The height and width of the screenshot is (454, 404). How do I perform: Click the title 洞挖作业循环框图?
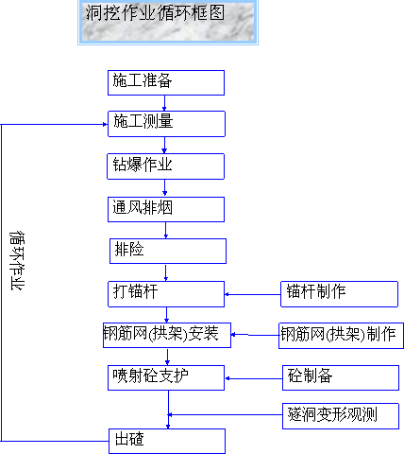tap(155, 12)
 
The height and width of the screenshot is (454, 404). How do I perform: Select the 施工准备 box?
tap(166, 82)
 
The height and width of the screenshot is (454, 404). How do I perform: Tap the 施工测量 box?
tap(166, 124)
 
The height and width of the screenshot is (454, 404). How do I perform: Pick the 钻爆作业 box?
tap(166, 166)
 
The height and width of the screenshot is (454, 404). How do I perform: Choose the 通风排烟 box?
tap(166, 209)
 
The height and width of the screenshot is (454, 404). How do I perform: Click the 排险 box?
tap(168, 251)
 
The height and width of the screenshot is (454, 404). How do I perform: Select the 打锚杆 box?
tap(166, 294)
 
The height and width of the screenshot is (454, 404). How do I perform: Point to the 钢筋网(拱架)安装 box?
tap(167, 335)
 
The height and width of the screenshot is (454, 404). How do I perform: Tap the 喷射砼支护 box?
tap(166, 378)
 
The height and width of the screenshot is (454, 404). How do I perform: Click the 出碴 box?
tap(167, 441)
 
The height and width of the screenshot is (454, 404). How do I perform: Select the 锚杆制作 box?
tap(339, 294)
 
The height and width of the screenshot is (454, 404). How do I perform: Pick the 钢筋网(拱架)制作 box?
tap(341, 336)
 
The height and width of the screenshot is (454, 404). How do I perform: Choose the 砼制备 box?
tap(341, 378)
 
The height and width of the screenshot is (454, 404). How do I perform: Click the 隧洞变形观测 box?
tap(341, 416)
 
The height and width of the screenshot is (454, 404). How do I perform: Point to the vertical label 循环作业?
tap(17, 261)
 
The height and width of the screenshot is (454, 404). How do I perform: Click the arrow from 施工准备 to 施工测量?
tap(164, 103)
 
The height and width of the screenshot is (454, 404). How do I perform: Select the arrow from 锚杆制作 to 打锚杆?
tap(253, 294)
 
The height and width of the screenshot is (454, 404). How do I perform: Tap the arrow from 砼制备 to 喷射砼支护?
tap(254, 378)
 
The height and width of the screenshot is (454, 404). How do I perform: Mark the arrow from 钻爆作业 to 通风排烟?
tap(164, 188)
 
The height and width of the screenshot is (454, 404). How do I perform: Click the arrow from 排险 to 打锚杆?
tap(166, 272)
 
